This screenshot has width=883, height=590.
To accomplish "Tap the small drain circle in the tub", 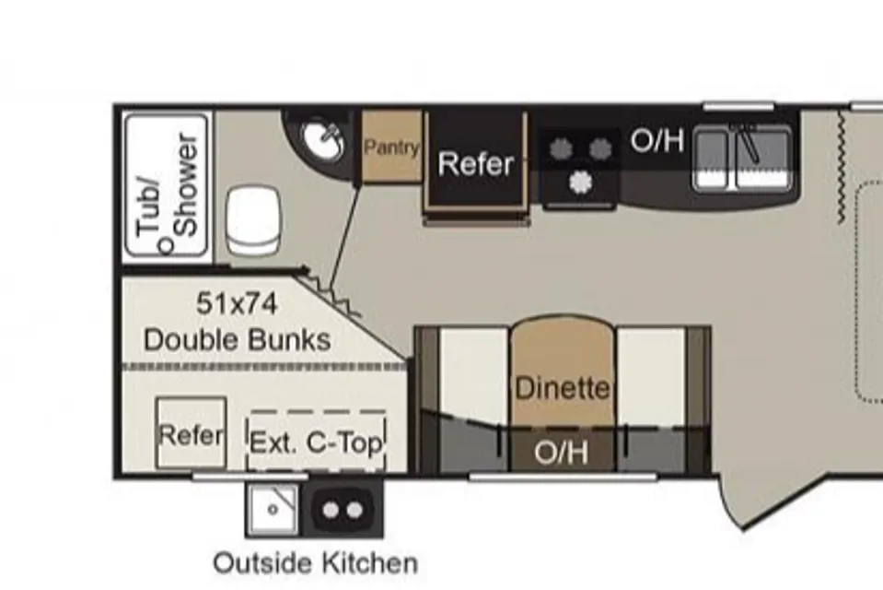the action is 166,245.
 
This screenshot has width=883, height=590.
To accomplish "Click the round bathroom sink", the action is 322,140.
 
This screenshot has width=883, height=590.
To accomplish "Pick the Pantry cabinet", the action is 391,147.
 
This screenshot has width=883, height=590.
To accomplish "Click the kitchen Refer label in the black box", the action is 476,163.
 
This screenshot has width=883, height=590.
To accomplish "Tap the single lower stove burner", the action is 580,183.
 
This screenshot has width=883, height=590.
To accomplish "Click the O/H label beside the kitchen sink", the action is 657,140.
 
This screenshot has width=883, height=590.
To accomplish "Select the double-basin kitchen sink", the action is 742,159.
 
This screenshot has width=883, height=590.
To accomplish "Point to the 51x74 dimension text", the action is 237,303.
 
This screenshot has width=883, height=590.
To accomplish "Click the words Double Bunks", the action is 237,340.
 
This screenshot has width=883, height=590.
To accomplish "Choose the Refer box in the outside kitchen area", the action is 191,433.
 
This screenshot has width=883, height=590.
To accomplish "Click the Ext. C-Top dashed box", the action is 317,441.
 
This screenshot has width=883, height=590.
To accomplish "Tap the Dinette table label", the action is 563,388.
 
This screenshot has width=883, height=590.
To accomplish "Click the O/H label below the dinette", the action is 562,452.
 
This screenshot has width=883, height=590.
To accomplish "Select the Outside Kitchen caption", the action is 315,563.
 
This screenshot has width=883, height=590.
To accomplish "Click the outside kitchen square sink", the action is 273,510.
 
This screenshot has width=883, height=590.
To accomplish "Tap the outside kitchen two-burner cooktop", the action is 343,510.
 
